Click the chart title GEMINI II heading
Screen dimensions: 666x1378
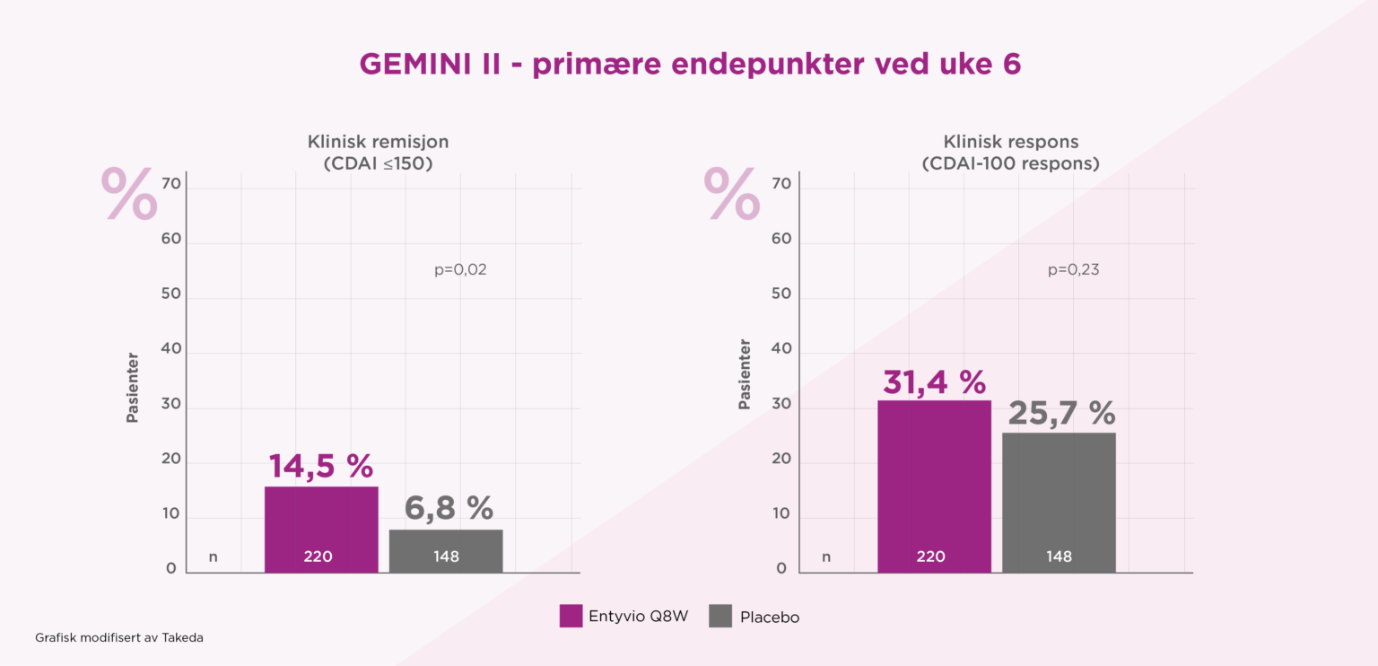coord(689,65)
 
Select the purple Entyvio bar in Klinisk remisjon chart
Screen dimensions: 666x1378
coord(321,530)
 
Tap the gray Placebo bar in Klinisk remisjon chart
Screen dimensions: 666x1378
coord(446,550)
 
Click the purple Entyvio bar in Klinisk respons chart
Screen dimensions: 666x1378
coord(934,486)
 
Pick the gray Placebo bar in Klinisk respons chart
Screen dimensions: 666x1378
coord(1059,503)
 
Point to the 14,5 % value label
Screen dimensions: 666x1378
coord(321,467)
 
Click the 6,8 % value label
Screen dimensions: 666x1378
coord(449,509)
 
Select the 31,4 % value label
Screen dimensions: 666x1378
coord(934,381)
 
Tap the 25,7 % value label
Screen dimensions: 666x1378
coord(1061,413)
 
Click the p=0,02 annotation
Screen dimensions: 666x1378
coord(460,269)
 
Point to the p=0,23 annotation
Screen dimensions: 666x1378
coord(1073,269)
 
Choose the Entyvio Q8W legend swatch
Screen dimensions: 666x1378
coord(571,616)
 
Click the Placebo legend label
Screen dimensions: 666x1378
coord(769,618)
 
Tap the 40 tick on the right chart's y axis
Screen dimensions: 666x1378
coord(782,349)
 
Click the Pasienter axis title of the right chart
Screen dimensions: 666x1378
coord(745,374)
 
